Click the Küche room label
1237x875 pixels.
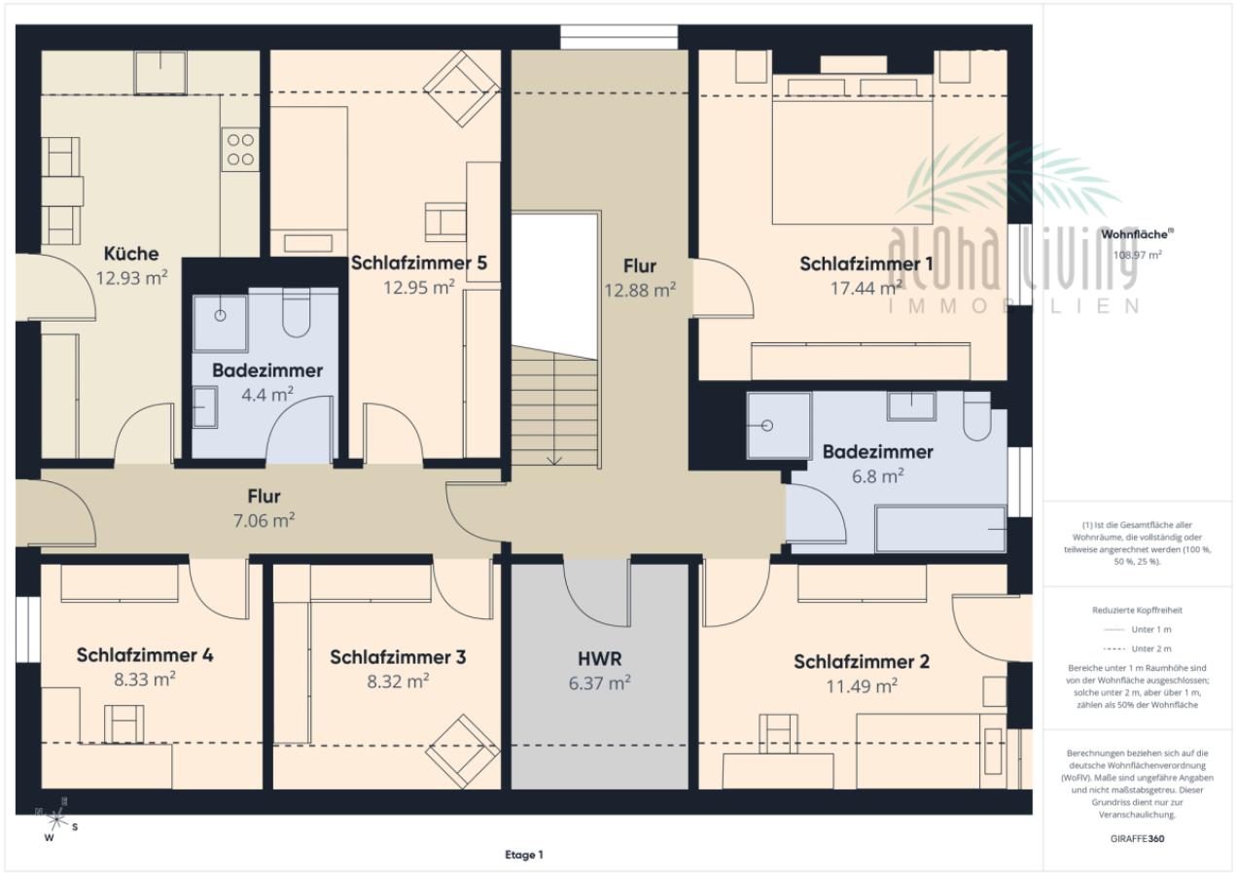pyautogui.click(x=131, y=254)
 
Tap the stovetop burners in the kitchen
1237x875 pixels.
pyautogui.click(x=241, y=149)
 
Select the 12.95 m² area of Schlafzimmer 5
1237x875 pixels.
pyautogui.click(x=419, y=287)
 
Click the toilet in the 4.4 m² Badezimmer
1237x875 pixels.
pyautogui.click(x=296, y=312)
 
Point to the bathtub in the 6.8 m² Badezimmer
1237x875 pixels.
pyautogui.click(x=940, y=529)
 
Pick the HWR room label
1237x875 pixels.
pyautogui.click(x=600, y=658)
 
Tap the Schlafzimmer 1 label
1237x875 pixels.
pyautogui.click(x=866, y=263)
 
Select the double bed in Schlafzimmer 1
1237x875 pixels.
pyautogui.click(x=852, y=149)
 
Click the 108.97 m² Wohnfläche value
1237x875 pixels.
pyautogui.click(x=1137, y=255)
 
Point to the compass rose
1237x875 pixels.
pyautogui.click(x=55, y=819)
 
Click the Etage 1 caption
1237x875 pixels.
pyautogui.click(x=524, y=855)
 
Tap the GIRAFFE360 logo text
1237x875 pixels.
pyautogui.click(x=1137, y=839)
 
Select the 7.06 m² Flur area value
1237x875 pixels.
pyautogui.click(x=264, y=520)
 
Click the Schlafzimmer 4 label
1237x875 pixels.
pyautogui.click(x=145, y=655)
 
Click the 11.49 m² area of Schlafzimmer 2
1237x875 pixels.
pyautogui.click(x=862, y=685)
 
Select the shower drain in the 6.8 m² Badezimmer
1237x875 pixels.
pyautogui.click(x=766, y=426)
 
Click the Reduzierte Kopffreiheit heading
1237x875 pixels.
pyautogui.click(x=1137, y=610)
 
